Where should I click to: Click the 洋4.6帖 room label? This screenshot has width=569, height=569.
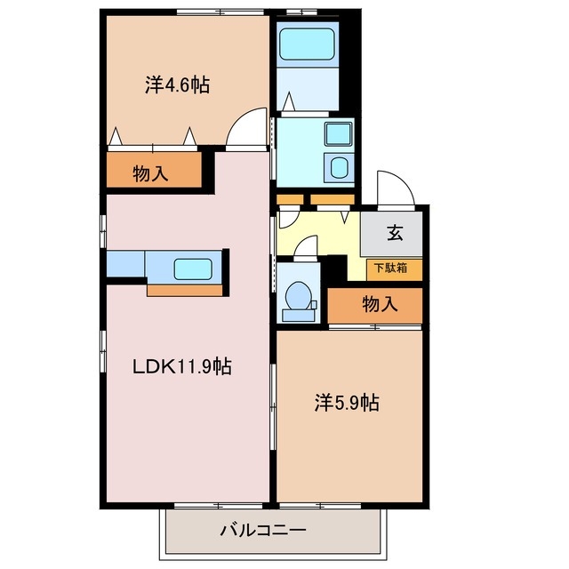177,86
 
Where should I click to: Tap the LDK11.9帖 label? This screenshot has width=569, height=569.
182,365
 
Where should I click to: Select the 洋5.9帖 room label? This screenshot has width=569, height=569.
346,403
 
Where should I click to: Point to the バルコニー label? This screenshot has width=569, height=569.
263,531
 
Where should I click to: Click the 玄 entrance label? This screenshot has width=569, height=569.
394,235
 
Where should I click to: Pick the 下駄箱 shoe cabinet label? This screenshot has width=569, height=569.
391,268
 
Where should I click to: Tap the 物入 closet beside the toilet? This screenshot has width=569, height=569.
380,305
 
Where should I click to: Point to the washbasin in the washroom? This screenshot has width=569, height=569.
339,135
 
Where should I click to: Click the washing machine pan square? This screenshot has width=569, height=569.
339,167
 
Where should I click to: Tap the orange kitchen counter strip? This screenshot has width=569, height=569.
185,290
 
